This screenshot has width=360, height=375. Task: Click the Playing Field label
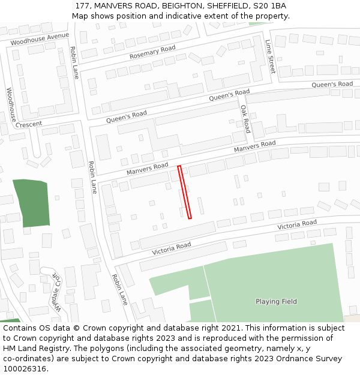(276, 302)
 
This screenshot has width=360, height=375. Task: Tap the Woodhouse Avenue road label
(40, 40)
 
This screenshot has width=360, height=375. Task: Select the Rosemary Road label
(152, 52)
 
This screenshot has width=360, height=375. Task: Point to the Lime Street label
(270, 56)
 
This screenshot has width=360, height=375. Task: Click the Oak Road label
(245, 118)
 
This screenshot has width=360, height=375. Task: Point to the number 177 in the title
(83, 6)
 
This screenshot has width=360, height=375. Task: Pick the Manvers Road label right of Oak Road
(254, 146)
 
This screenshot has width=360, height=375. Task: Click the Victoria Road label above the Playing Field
(296, 225)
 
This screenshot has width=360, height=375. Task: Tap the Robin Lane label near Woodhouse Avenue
(74, 63)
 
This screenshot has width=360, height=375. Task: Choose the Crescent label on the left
(29, 124)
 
